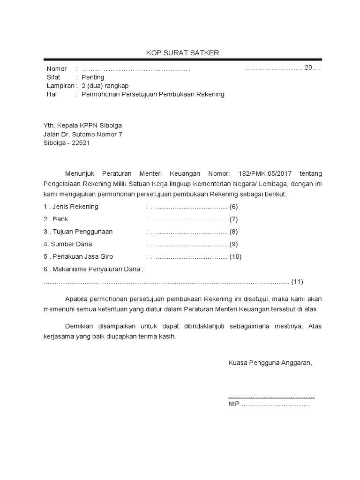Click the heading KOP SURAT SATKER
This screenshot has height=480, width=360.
180,53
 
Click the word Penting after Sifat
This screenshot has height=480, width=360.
93,77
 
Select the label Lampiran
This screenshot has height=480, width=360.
60,86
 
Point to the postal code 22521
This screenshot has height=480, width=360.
81,143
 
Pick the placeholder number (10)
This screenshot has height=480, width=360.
235,256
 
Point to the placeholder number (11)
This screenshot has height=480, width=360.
298,282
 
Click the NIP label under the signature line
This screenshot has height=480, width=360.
233,404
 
